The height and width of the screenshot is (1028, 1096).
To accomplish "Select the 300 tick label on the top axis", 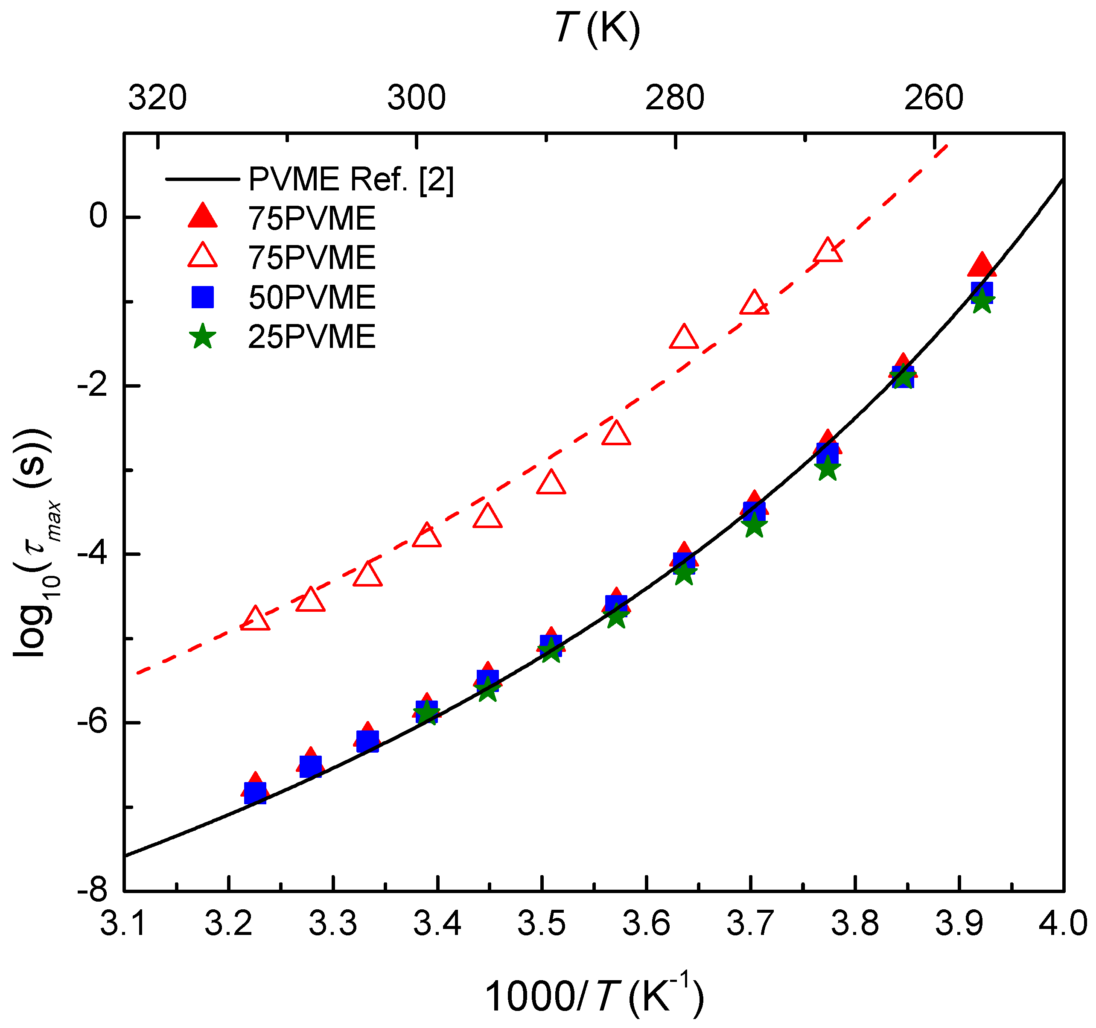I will click(x=416, y=98).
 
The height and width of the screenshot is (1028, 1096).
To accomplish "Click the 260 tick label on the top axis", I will click(x=933, y=98).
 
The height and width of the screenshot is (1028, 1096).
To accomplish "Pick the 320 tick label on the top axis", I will click(x=157, y=98).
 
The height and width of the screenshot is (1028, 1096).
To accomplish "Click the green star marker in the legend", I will click(x=203, y=336).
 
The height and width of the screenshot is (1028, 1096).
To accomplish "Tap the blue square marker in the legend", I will click(x=203, y=297).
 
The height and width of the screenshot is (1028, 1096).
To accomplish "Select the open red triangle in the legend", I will click(x=203, y=257).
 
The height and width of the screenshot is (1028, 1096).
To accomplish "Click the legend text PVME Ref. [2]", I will click(x=351, y=179).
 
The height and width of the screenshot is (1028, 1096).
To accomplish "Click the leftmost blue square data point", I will click(x=255, y=793).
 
